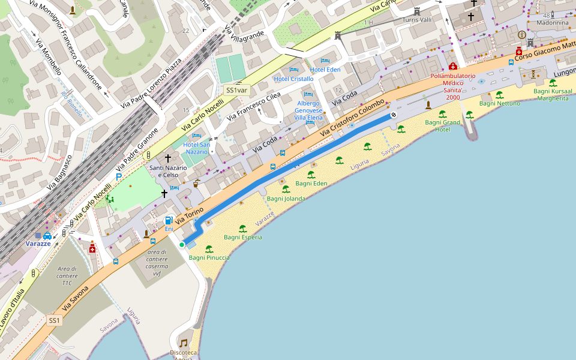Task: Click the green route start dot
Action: pos(181,245)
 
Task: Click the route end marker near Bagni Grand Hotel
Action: pos(394,115)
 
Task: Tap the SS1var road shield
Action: pos(236,90)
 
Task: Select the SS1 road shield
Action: pos(55,320)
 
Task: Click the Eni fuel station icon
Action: pos(169,220)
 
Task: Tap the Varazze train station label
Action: pos(38,244)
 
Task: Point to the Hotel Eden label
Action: pos(325,70)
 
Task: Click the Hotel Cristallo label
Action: pos(293,79)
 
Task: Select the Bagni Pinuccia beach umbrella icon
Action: pos(209,248)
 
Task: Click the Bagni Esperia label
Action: pos(242,237)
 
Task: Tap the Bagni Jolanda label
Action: pos(286,198)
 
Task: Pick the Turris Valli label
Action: pos(416,20)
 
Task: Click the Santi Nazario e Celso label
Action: pos(168,171)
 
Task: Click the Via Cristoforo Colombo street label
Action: pos(352,118)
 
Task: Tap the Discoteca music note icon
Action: pos(184,343)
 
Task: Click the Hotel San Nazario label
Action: pos(196,148)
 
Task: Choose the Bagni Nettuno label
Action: pos(499,103)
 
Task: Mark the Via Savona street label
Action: pos(75,298)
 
